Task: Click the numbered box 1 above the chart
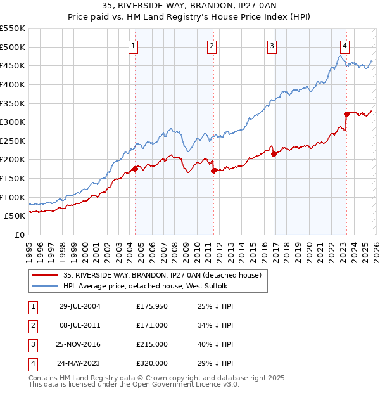pyautogui.click(x=134, y=46)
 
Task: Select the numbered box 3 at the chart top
pyautogui.click(x=272, y=46)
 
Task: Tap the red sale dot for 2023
pyautogui.click(x=346, y=114)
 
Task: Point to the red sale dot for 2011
pyautogui.click(x=213, y=171)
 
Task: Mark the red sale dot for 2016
pyautogui.click(x=274, y=154)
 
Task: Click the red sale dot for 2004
pyautogui.click(x=135, y=169)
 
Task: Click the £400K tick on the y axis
pyautogui.click(x=12, y=84)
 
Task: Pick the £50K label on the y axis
pyautogui.click(x=15, y=216)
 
